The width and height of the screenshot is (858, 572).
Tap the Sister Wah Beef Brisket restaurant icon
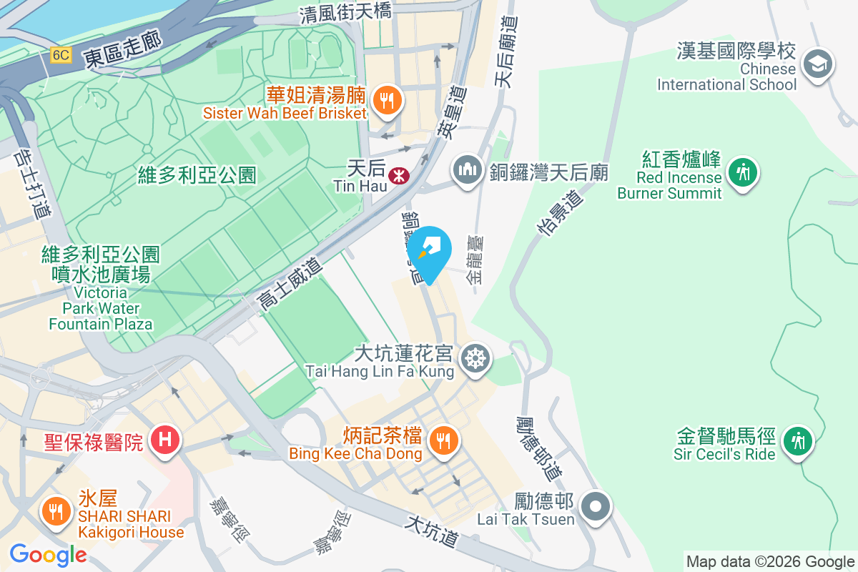pos(387,100)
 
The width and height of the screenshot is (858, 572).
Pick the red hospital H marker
pos(165,438)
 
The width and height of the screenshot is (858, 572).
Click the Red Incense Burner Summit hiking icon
pos(743,172)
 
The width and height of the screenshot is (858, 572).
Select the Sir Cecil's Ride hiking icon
pos(796,440)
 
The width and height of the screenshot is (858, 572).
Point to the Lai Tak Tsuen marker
pos(595,507)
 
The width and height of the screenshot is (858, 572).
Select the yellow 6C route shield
pos(61,55)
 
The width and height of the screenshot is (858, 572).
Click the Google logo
pos(48,555)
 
